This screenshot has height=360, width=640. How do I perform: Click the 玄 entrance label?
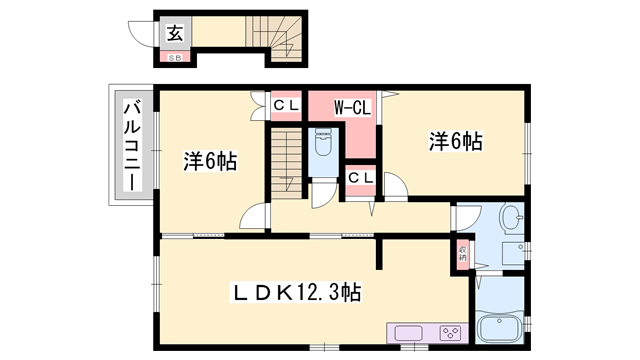(174, 33)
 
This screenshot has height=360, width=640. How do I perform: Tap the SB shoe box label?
(174, 56)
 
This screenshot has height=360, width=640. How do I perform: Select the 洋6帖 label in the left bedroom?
(209, 160)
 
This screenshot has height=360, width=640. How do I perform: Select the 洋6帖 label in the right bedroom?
(456, 141)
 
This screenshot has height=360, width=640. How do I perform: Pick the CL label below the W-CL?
(360, 179)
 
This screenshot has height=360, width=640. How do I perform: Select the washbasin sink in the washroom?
(510, 218)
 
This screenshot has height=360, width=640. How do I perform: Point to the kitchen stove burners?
(448, 334)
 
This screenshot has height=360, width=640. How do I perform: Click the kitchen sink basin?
(409, 334)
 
